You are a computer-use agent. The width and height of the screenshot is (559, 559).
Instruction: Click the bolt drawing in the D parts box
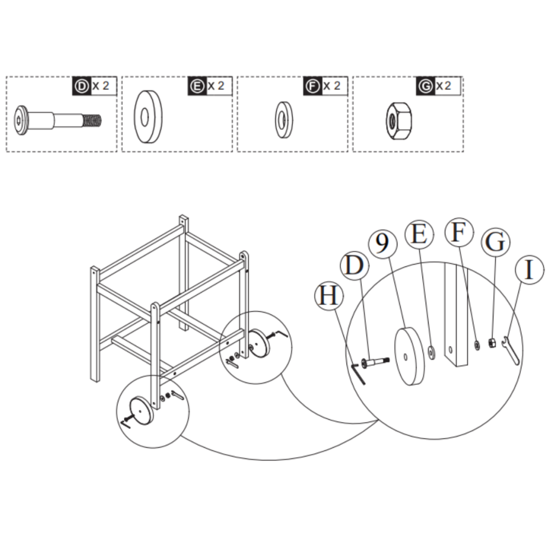[57, 119]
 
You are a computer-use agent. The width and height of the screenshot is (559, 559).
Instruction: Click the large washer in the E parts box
[148, 117]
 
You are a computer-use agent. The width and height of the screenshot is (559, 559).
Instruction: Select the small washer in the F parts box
[283, 119]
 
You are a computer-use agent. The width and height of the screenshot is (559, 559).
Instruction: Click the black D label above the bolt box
[82, 86]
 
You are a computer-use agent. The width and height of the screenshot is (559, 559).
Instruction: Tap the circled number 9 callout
[383, 243]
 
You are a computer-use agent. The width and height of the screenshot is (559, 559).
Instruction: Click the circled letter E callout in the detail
[419, 235]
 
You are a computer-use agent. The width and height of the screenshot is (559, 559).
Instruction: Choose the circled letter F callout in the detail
[459, 233]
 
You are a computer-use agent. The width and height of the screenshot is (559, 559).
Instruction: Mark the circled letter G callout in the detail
[495, 242]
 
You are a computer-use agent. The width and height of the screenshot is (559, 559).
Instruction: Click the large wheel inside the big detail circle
[410, 355]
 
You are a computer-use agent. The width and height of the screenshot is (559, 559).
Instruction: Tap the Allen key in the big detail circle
[359, 375]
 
